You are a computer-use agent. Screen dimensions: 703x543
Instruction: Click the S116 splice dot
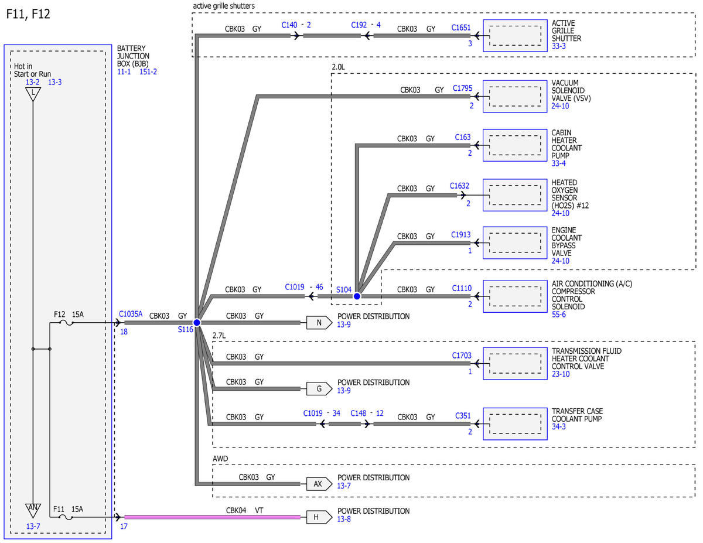pos(197,322)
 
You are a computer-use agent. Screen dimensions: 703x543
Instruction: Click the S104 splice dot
pos(357,296)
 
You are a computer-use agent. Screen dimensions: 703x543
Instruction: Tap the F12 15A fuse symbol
pos(66,323)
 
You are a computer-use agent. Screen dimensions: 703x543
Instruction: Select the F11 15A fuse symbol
pos(66,517)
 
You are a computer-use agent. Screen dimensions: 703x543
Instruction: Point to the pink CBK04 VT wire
pos(212,517)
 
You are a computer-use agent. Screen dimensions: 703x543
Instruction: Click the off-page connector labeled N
pos(319,322)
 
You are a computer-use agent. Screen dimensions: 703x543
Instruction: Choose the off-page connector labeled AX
pos(319,484)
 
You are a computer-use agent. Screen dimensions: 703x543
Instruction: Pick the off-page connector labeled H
pos(319,517)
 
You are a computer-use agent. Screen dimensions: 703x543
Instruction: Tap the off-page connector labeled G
pos(319,388)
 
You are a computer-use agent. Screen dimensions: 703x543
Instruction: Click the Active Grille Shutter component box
pos(515,36)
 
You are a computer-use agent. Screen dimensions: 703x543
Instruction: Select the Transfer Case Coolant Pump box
pos(515,424)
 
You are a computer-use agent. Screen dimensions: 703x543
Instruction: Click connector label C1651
pos(460,28)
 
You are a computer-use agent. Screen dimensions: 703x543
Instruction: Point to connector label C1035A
pos(131,314)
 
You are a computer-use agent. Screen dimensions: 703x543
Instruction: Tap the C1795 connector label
pos(462,88)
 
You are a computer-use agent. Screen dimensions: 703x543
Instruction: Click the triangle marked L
pos(33,94)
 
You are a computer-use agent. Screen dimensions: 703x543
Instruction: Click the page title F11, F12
pos(28,14)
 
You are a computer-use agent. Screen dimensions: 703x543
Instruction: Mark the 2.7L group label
pos(219,336)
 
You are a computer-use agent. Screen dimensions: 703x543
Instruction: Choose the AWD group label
pos(220,459)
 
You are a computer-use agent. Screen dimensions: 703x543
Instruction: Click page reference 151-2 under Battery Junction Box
pos(148,72)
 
